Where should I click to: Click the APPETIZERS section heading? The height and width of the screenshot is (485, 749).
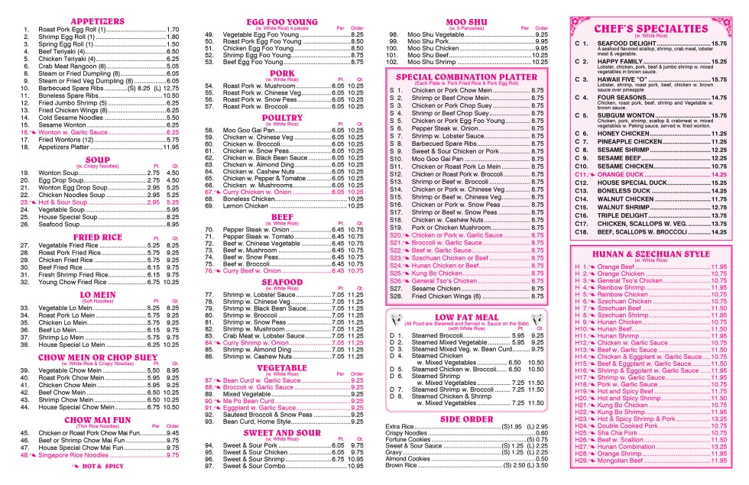[97, 21]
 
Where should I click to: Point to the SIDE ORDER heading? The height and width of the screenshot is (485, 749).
[466, 419]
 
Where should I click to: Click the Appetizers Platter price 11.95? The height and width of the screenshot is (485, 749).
[173, 147]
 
